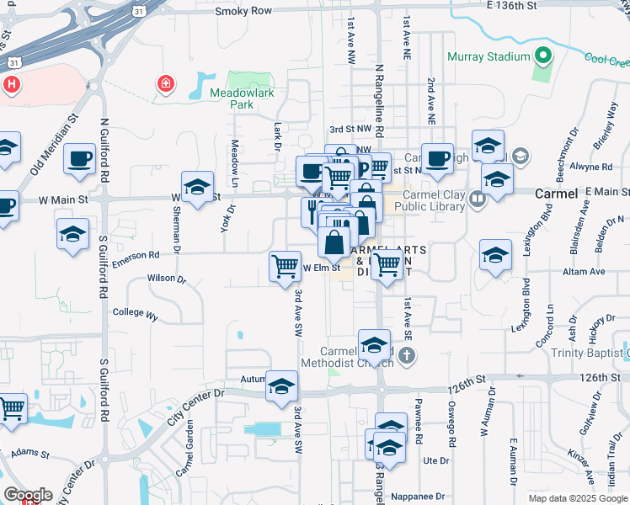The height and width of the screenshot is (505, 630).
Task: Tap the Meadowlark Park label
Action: (231, 98)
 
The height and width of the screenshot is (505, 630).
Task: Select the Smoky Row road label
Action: (243, 11)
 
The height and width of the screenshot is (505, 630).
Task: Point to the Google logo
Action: (28, 495)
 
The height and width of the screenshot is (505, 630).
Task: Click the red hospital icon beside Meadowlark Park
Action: (165, 84)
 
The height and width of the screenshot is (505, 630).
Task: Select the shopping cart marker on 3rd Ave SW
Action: (285, 267)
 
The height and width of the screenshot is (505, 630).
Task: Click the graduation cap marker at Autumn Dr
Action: (282, 386)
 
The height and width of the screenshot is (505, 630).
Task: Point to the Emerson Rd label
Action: (136, 257)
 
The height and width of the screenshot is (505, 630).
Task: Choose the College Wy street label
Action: (135, 313)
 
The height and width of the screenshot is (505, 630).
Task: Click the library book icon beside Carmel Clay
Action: (478, 199)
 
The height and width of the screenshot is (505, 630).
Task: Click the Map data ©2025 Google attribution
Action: (578, 498)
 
